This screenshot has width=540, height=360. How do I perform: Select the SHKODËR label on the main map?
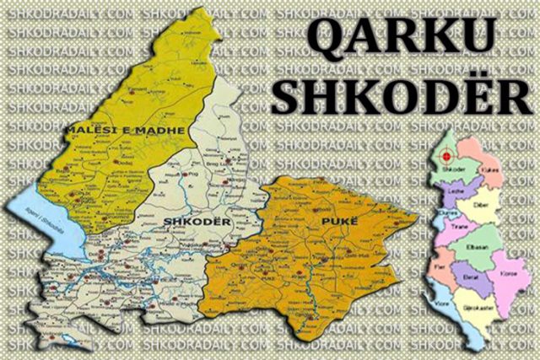click(x=181, y=221)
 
